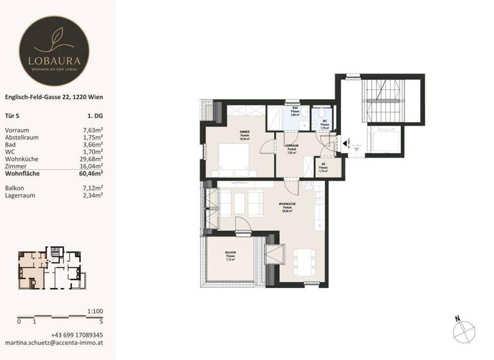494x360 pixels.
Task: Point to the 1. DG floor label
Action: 95,116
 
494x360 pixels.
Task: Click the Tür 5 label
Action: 13,116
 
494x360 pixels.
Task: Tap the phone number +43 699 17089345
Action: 77,335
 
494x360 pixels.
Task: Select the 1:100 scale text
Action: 95,311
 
